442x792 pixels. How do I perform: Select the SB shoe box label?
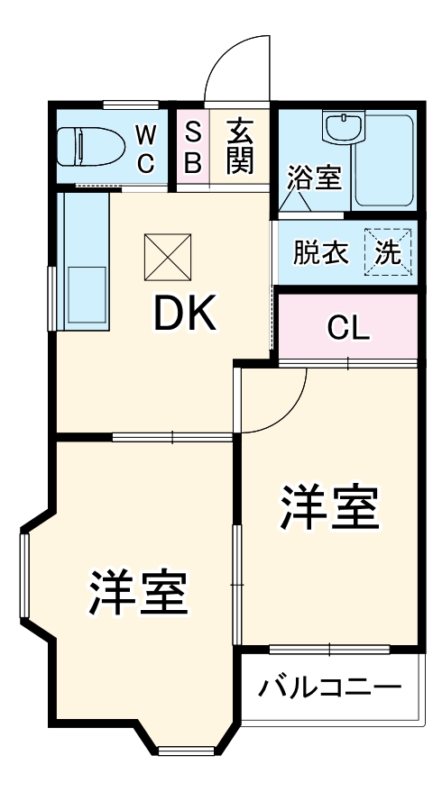(x=192, y=149)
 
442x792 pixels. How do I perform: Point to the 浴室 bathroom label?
(x=314, y=178)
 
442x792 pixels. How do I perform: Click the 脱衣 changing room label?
(x=320, y=253)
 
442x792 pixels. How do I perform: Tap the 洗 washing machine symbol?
(x=388, y=253)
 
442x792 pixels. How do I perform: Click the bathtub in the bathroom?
(x=384, y=160)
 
